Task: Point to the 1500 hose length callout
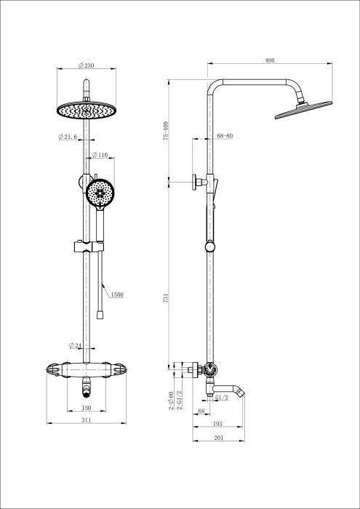click(118, 294)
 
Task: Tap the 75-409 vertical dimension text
click(167, 130)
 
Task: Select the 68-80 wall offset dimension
click(225, 136)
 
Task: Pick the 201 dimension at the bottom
click(219, 438)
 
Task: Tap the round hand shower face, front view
click(100, 192)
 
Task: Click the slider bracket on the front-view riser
click(86, 245)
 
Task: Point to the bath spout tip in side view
click(243, 394)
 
